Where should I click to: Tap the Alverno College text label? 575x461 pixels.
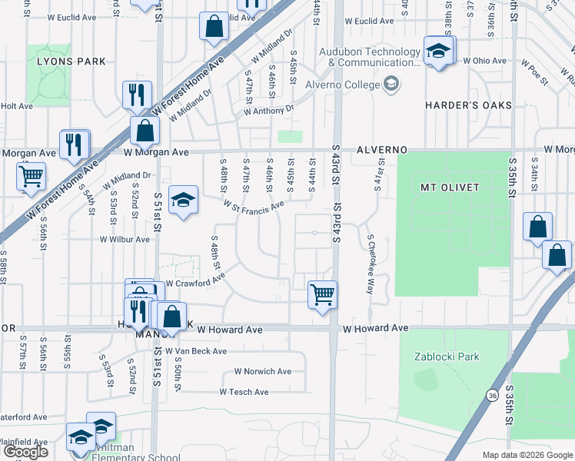[342, 84]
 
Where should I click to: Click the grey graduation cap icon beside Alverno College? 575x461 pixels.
[391, 83]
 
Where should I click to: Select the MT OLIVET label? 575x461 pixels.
[450, 187]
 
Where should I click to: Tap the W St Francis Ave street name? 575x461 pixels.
[254, 205]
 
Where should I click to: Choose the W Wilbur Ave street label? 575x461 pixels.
[124, 239]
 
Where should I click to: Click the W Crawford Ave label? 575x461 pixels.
[195, 283]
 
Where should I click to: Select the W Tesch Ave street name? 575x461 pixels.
[244, 392]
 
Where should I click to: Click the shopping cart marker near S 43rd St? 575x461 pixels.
[322, 294]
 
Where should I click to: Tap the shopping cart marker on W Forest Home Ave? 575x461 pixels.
[32, 175]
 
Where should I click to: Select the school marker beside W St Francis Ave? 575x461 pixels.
[182, 201]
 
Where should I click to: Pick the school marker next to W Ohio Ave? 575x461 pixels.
[437, 51]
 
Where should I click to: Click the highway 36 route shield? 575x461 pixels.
[490, 395]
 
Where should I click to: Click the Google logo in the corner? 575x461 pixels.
[25, 452]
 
